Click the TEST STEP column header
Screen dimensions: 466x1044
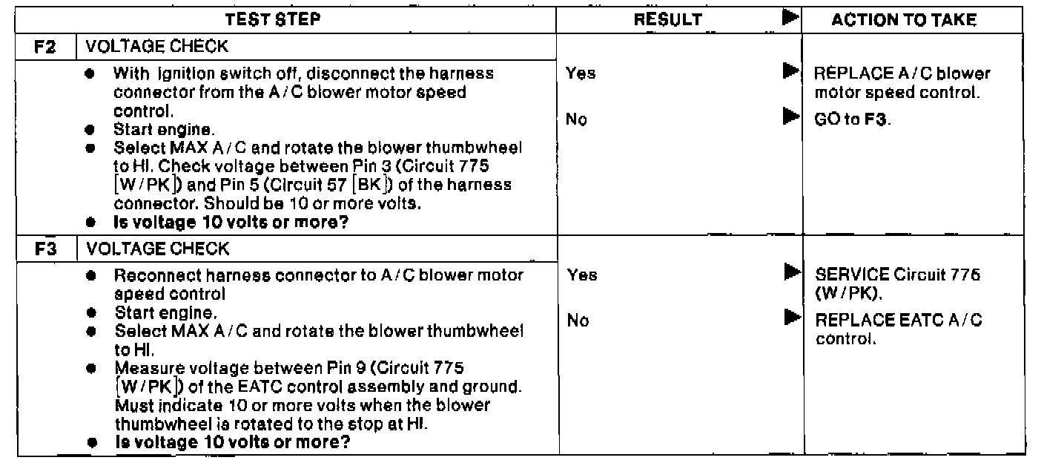tap(273, 21)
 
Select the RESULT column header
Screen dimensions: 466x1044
tap(667, 21)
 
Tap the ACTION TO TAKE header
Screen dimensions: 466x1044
tap(902, 21)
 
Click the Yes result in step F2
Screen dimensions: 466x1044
tap(580, 73)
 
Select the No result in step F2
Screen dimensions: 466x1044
tap(577, 119)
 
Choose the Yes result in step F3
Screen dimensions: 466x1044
tap(581, 275)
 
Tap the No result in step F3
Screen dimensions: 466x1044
tap(578, 321)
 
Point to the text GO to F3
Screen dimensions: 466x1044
tap(852, 119)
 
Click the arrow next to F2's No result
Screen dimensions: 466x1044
tap(790, 118)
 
